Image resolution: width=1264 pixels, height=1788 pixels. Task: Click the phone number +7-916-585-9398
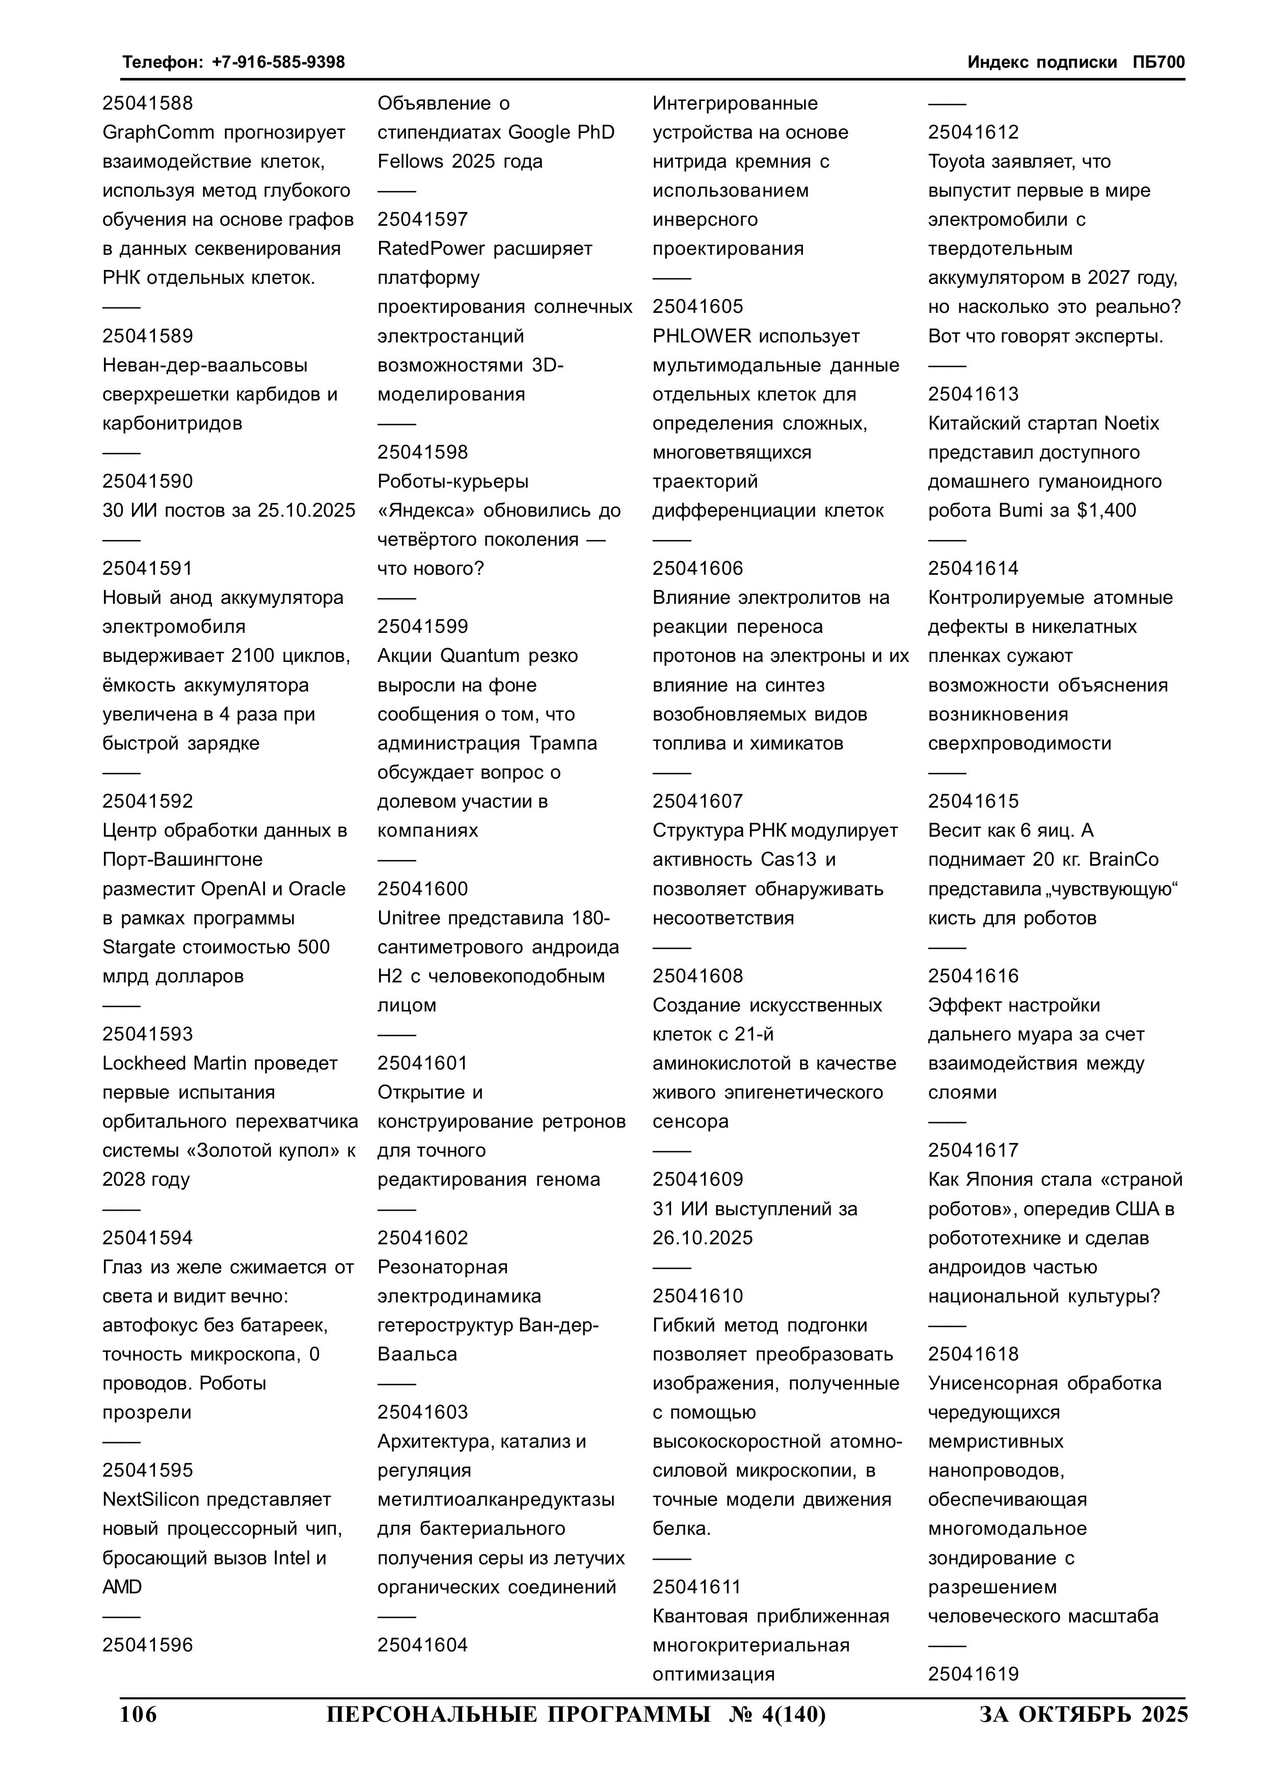point(278,62)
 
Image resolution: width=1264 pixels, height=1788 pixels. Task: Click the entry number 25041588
point(147,103)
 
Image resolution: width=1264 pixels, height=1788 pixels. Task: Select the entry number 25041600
point(423,889)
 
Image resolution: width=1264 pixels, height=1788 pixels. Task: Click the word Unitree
point(407,918)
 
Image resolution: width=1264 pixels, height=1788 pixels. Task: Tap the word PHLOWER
point(702,336)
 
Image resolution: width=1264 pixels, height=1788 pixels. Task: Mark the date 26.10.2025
point(703,1238)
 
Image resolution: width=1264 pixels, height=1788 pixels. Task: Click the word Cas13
point(787,860)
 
